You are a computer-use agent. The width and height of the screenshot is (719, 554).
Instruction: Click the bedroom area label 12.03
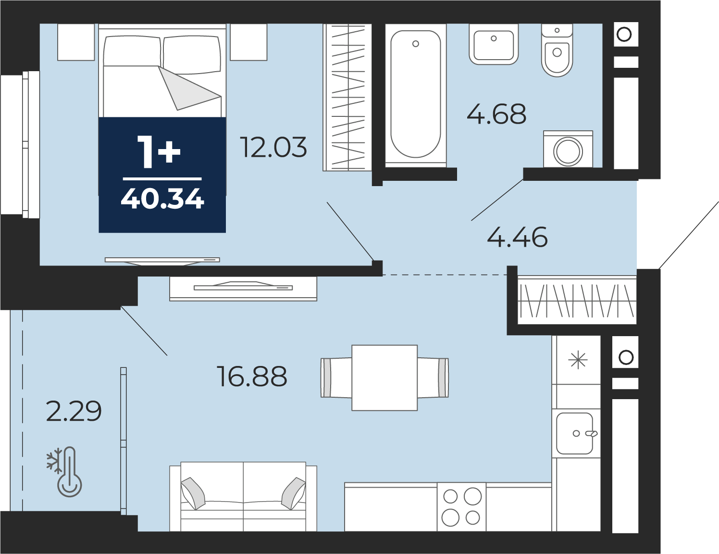pos(274,147)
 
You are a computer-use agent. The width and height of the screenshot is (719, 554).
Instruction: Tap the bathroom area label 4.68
pos(496,114)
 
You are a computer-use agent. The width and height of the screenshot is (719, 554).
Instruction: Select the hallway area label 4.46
pos(518,237)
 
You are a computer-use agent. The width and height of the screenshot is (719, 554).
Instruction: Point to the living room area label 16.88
pos(252,377)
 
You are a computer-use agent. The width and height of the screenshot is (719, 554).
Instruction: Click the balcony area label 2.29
pos(74,411)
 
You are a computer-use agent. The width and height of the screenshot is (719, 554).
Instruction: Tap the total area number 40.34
pos(162,199)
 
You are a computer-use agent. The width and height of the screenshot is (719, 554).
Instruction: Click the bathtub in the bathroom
pos(416,94)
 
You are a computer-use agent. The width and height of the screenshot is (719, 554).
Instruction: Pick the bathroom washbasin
pos(494,45)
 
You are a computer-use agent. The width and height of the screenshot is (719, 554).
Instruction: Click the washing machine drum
pos(568,151)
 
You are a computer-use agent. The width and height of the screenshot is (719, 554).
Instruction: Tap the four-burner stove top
pos(461,507)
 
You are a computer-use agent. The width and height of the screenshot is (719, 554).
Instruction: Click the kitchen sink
pos(574,433)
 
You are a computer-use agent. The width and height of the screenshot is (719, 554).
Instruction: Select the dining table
pos(384,378)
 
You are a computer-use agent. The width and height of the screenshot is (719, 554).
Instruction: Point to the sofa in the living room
pos(243,496)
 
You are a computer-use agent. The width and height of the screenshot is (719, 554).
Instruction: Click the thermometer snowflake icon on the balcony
pos(65,471)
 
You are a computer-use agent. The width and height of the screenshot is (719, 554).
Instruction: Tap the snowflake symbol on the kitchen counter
pos(578,360)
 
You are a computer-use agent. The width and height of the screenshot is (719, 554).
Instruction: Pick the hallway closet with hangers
pos(577,300)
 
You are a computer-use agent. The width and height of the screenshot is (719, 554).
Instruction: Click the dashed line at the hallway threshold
pos(445,275)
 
